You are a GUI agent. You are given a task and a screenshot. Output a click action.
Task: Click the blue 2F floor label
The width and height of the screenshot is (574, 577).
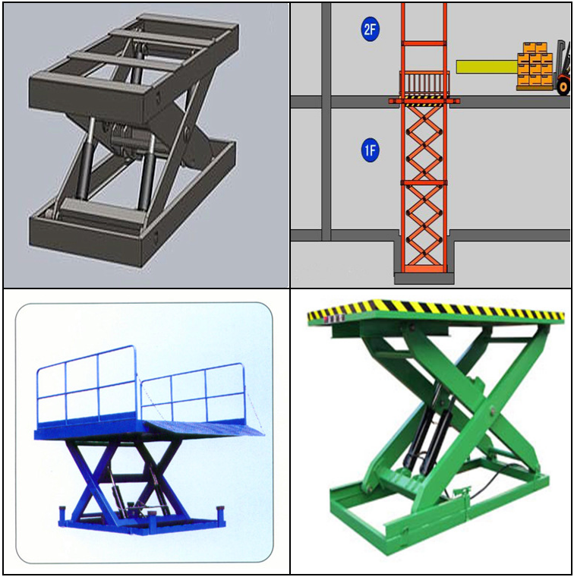tap(370, 30)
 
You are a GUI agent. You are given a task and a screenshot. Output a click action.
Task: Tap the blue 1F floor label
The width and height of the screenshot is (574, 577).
tap(370, 150)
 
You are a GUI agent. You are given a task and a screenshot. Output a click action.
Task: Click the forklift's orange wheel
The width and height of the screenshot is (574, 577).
tap(563, 87)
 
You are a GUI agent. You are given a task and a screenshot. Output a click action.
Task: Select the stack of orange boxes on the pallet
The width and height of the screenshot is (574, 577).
tap(535, 65)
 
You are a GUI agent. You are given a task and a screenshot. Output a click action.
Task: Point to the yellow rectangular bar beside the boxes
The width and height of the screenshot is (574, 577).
tap(487, 67)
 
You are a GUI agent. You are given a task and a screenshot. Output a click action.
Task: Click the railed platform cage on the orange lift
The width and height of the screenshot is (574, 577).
tap(424, 84)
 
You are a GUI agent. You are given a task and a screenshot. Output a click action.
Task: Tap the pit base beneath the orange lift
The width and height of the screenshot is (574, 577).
tap(424, 278)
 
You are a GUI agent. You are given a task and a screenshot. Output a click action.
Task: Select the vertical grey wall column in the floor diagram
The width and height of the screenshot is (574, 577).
tap(326, 121)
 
